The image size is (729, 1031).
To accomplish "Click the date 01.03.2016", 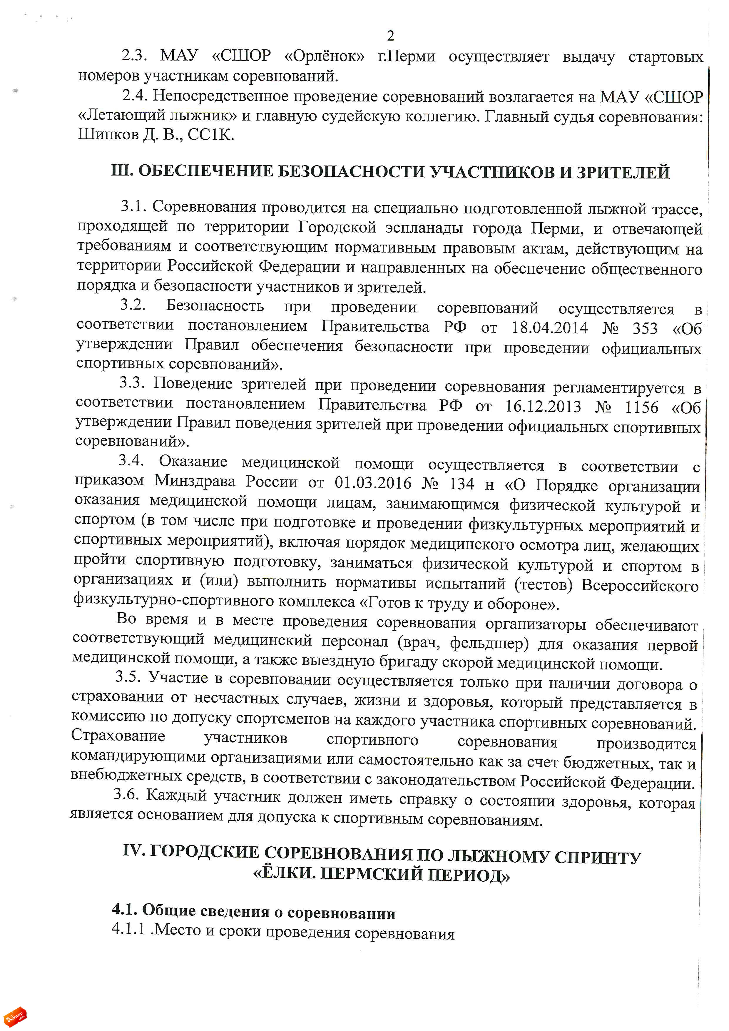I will click(x=373, y=483).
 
